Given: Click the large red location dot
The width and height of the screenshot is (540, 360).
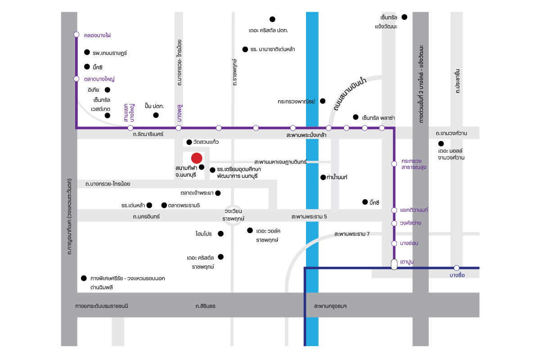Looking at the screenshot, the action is pos(197,158).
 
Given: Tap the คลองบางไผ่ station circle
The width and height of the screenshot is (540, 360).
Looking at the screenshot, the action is pos(76,35).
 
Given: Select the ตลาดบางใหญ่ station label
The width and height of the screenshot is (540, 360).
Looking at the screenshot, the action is pos(99,79).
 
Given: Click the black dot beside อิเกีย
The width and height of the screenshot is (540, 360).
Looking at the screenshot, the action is pos(108,90).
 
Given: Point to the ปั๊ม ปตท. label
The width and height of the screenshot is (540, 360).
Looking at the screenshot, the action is pos(154,106).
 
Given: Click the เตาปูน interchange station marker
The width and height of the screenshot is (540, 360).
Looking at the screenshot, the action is pos(394,264).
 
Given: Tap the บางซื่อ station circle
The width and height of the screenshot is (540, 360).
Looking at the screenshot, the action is pos(456,268).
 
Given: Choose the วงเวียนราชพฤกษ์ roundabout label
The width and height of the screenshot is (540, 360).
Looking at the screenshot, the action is pos(233,215).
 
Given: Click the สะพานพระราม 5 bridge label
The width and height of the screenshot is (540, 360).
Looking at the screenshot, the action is pos(309,216).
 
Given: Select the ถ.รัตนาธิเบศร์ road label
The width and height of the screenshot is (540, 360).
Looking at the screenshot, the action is pos(148,134).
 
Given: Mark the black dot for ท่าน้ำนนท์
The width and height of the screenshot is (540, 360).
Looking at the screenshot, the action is pos(323,177).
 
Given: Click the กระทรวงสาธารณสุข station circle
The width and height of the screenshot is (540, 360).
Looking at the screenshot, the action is pos(394,164).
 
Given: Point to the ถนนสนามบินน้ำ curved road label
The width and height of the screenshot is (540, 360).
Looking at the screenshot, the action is pos(350,94).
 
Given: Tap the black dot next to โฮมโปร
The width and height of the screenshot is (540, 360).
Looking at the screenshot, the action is pos(220,234).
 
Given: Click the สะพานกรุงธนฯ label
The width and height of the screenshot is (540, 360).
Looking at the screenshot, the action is pos(330,306).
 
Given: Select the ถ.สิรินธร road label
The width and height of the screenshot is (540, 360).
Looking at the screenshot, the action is pos(205,306).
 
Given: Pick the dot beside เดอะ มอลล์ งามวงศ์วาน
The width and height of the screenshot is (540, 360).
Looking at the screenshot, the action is pos(441,144).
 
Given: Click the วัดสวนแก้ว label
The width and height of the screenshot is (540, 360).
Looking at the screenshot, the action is pos(206,142).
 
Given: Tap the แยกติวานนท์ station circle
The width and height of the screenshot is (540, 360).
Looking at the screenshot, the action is pos(394,210).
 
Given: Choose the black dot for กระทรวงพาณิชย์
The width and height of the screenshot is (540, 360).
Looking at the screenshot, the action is pos(323,101).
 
